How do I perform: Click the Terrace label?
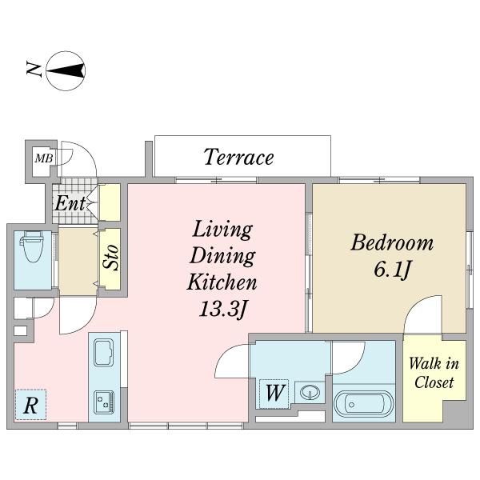(x=238, y=157)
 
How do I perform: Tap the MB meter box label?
(x=44, y=158)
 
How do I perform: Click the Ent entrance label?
(x=70, y=203)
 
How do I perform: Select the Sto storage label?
(x=110, y=257)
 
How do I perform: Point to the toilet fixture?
(x=32, y=246)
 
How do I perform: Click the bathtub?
(x=363, y=404)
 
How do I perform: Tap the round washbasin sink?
(x=310, y=392)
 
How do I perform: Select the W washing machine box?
(x=274, y=394)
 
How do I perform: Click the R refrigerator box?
(x=30, y=405)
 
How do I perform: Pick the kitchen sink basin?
(x=104, y=352)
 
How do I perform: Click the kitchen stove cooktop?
(x=104, y=402)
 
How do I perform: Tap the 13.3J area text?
(x=222, y=309)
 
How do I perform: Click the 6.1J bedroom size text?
(x=392, y=270)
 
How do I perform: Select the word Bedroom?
(x=392, y=242)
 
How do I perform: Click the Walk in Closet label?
(x=434, y=373)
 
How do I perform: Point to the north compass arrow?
(x=66, y=70)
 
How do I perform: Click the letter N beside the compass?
(x=34, y=69)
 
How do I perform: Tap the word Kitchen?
(x=222, y=282)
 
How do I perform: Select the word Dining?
(x=222, y=256)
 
